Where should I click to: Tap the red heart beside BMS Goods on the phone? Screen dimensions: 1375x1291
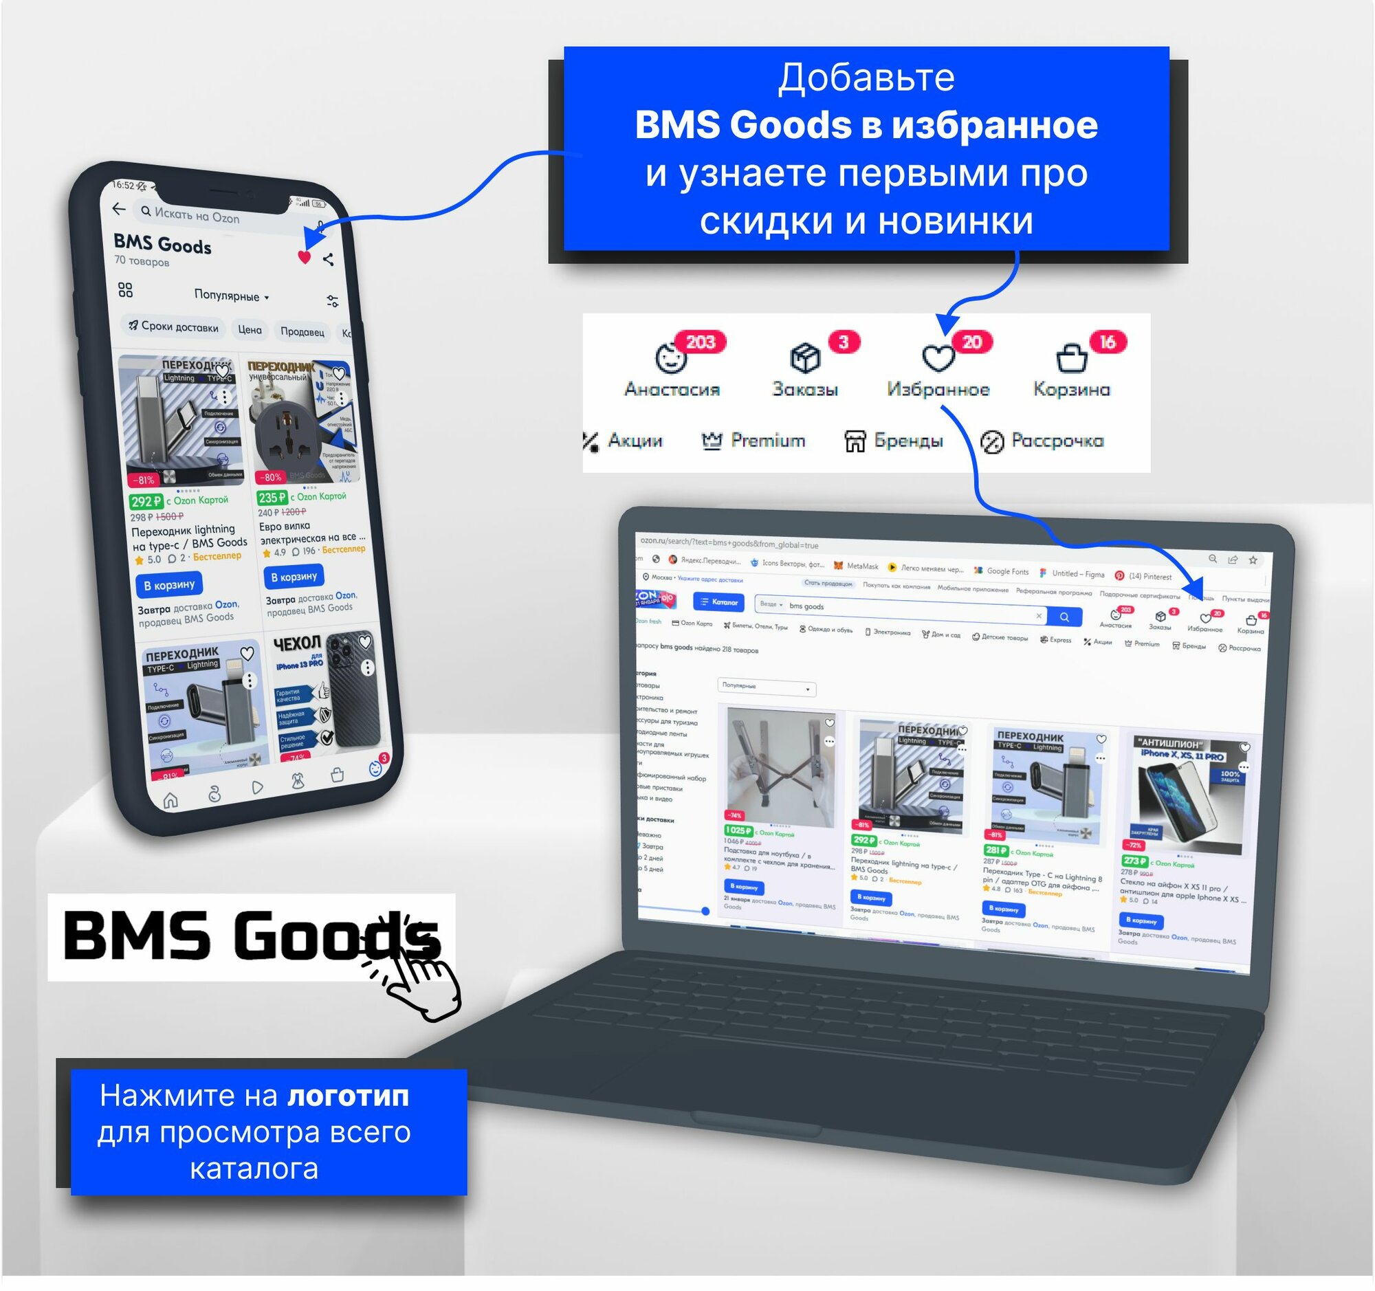(305, 257)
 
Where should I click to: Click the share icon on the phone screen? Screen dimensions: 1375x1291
(329, 259)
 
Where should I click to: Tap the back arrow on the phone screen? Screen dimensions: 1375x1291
(119, 208)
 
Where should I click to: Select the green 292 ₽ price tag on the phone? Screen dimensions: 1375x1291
(146, 501)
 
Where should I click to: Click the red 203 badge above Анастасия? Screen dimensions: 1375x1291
(700, 342)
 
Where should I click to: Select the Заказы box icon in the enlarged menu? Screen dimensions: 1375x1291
(805, 358)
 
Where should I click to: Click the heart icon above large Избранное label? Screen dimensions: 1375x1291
(938, 358)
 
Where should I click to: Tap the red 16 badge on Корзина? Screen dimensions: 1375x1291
(1108, 342)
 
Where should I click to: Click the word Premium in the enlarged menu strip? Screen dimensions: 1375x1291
(768, 441)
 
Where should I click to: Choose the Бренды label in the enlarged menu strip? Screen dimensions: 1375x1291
(908, 441)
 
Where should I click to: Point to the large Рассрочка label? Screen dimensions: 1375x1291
(1057, 441)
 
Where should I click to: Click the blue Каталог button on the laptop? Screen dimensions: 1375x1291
(718, 602)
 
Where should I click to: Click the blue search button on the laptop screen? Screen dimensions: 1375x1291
(1064, 617)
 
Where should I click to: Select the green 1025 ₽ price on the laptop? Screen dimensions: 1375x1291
(738, 830)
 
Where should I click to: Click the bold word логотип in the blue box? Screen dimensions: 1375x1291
(348, 1095)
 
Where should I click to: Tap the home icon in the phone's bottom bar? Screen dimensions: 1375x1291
(170, 801)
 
